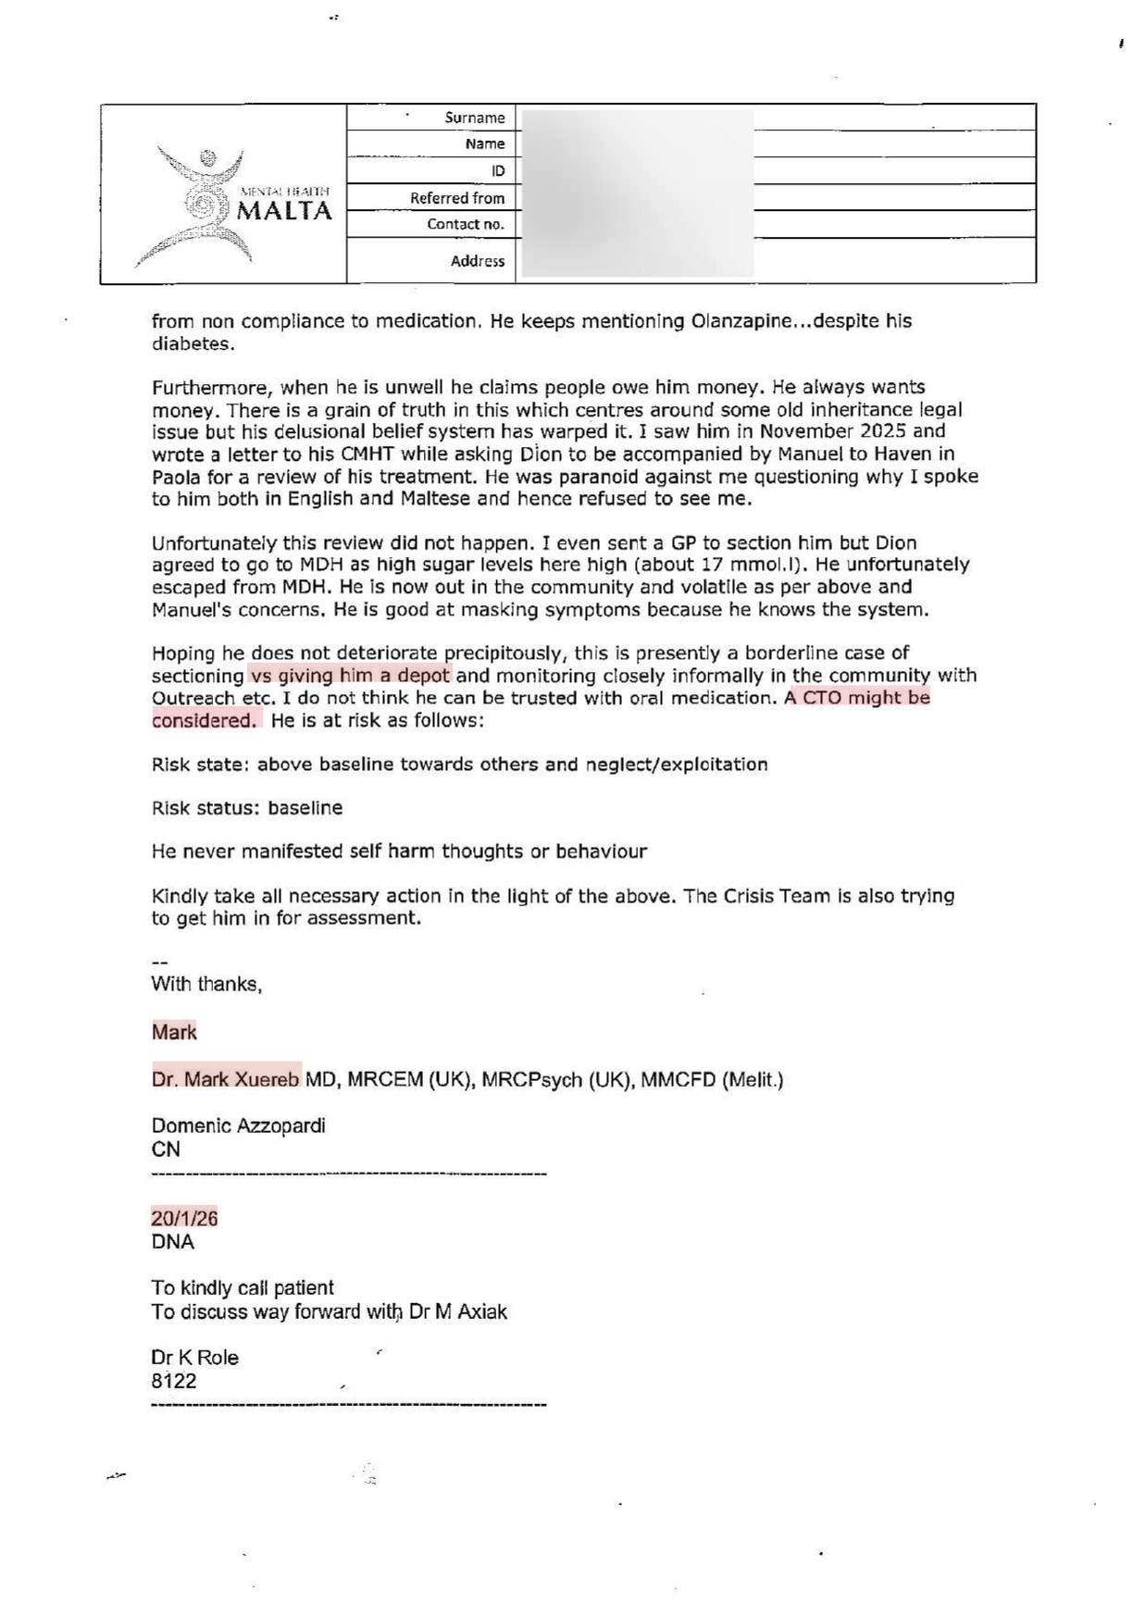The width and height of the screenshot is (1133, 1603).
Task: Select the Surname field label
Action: point(474,118)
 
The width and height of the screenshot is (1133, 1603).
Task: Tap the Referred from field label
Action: point(457,198)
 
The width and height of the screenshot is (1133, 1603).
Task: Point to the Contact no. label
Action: point(466,224)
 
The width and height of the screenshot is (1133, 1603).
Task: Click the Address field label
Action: point(478,261)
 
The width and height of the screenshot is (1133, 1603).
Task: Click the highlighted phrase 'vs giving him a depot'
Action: point(350,676)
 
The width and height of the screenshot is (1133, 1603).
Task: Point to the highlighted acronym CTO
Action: point(821,698)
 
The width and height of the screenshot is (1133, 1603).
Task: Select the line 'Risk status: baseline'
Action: point(247,808)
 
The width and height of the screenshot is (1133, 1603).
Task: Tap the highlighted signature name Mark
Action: point(174,1032)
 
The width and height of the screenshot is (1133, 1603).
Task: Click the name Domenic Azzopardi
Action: point(238,1126)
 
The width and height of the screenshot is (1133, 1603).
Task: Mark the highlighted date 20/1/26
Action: point(184,1219)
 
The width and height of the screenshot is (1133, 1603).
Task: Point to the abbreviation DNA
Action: point(172,1242)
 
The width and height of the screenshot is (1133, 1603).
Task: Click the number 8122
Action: point(174,1382)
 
